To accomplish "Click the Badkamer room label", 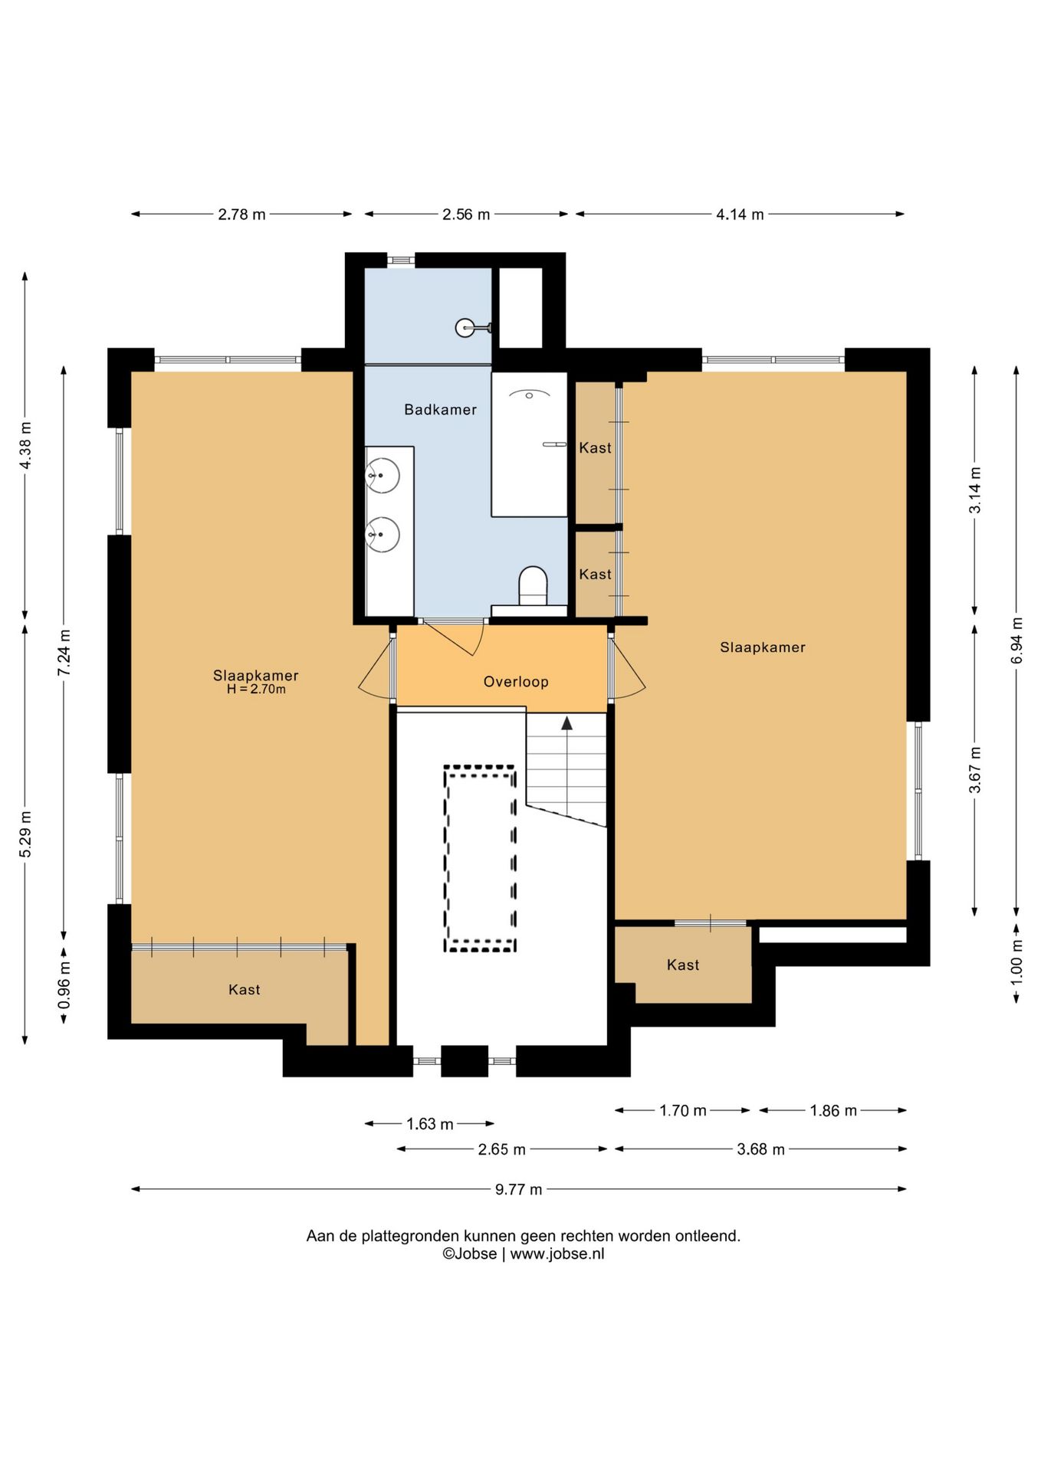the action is click(x=441, y=410).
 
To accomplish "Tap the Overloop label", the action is click(x=516, y=682).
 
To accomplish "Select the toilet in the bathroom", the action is click(x=533, y=586).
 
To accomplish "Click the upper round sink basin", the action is click(x=383, y=476).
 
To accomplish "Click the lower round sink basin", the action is click(x=383, y=534).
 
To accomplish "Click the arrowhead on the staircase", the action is click(x=566, y=723).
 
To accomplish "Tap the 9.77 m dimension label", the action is click(x=518, y=1189).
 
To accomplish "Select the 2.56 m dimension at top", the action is click(x=466, y=215).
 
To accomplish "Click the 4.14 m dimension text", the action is click(x=740, y=215).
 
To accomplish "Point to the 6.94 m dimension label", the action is click(x=1016, y=640).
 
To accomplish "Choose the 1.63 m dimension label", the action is click(x=430, y=1124).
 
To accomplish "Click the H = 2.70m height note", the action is click(x=256, y=690).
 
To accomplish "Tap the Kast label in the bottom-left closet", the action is click(x=245, y=990).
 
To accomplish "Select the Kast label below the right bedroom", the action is click(x=683, y=965).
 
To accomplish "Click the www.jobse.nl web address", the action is click(x=557, y=1254).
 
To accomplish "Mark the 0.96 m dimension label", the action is click(x=64, y=986).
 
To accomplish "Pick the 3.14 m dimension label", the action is click(x=975, y=490).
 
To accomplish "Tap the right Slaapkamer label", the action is click(x=763, y=647).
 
